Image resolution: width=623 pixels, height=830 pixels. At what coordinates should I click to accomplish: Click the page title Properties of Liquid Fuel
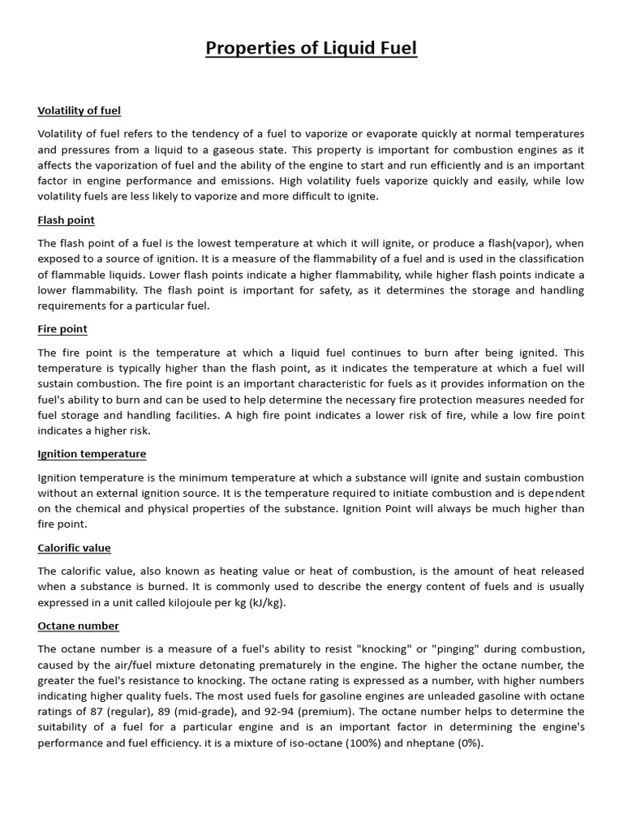311,48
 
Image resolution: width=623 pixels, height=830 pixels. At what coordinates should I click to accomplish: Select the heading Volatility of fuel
79,110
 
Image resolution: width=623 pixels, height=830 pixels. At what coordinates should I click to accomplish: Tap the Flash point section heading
66,220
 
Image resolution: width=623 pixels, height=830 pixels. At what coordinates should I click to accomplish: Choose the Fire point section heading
62,329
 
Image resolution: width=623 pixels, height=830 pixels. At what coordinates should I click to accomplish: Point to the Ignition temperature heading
92,454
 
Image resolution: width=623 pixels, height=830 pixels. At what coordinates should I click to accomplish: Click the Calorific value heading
74,548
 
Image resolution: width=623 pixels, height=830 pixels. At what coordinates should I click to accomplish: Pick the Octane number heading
78,626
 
